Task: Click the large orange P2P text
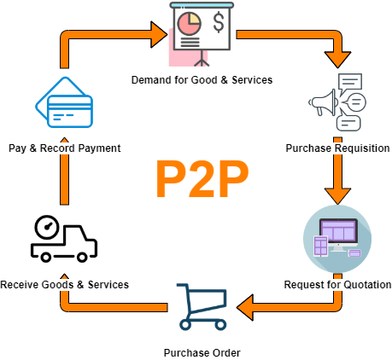click(202, 178)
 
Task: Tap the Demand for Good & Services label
click(202, 80)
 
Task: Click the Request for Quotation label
click(336, 284)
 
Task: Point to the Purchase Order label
click(202, 352)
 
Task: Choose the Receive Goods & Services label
click(65, 284)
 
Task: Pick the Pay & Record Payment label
click(64, 148)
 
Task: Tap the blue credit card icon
click(64, 105)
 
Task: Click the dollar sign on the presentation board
click(219, 22)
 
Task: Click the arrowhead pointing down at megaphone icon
click(340, 60)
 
